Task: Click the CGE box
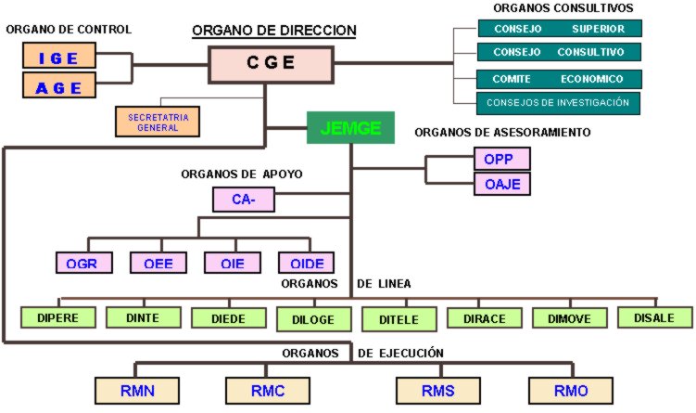click(x=271, y=63)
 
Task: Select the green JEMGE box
click(x=350, y=128)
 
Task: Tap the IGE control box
click(x=60, y=58)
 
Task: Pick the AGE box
click(x=60, y=86)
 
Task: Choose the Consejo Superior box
click(x=559, y=29)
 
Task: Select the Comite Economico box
click(x=559, y=79)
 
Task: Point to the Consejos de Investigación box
click(x=559, y=102)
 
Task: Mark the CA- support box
click(x=245, y=198)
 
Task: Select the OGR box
click(x=83, y=263)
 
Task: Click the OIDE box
click(x=307, y=263)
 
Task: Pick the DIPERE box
click(x=57, y=317)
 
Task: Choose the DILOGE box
click(x=314, y=318)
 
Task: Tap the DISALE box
click(x=655, y=317)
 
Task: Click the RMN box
click(x=138, y=390)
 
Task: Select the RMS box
click(x=437, y=390)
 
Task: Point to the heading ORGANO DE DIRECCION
click(x=274, y=31)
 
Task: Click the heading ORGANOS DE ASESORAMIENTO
click(x=502, y=133)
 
